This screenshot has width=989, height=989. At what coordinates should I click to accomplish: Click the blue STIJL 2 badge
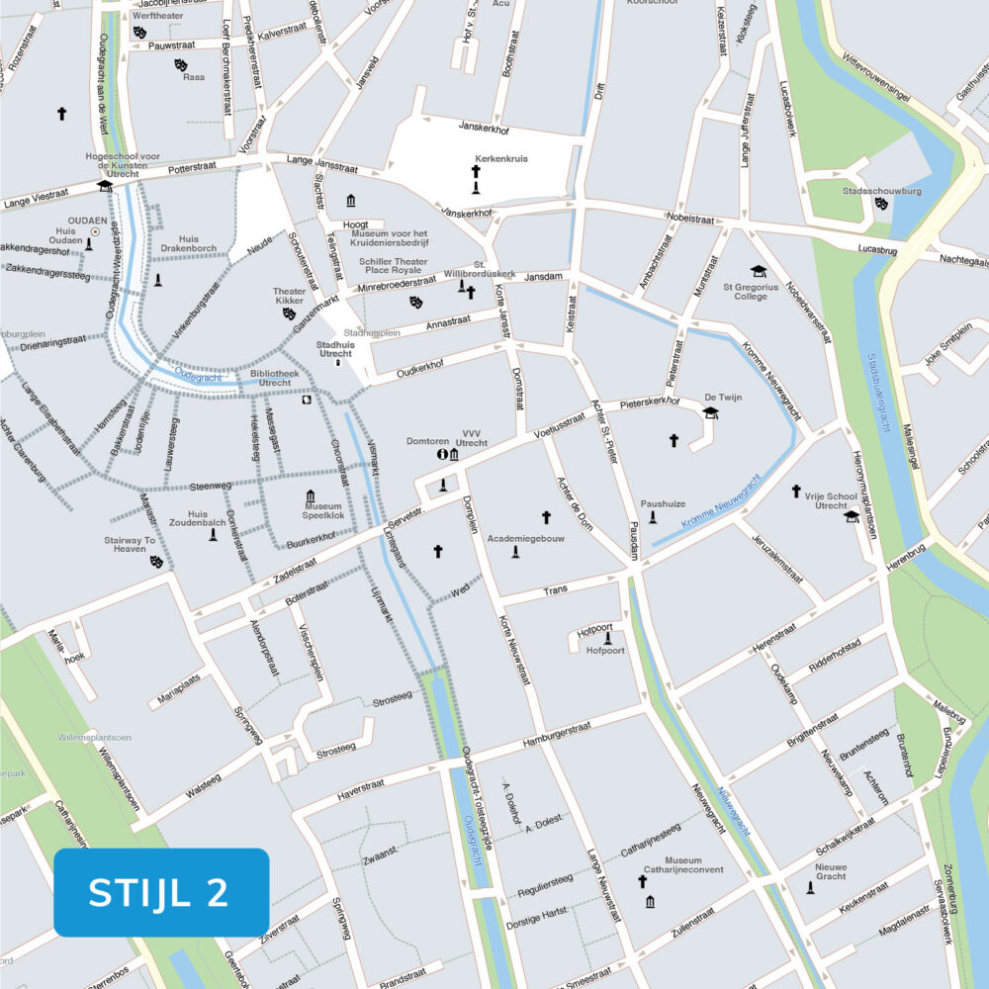click(x=161, y=892)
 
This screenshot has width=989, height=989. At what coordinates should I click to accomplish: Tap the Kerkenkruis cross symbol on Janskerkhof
click(x=476, y=172)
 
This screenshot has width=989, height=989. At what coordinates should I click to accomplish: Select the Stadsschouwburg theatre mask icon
click(x=881, y=204)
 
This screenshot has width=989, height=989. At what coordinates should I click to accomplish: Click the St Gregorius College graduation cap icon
click(x=759, y=271)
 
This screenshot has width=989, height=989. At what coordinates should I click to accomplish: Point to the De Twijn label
click(x=722, y=397)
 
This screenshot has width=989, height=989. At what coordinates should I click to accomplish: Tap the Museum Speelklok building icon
click(x=310, y=495)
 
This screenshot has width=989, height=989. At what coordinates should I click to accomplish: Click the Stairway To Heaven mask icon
click(x=155, y=562)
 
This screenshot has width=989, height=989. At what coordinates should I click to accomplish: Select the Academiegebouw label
click(x=532, y=539)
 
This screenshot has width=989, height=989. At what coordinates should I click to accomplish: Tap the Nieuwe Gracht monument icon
click(x=810, y=888)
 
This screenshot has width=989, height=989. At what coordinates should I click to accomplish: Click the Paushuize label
click(x=663, y=503)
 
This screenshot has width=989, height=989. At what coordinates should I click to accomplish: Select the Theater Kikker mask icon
click(x=289, y=313)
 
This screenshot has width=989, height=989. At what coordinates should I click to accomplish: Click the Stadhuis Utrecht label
click(x=334, y=348)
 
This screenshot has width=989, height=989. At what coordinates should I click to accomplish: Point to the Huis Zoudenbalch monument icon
click(x=212, y=535)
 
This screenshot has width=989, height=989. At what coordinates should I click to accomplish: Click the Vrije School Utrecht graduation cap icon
click(x=852, y=516)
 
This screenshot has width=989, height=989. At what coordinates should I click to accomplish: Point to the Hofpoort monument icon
click(x=607, y=638)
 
